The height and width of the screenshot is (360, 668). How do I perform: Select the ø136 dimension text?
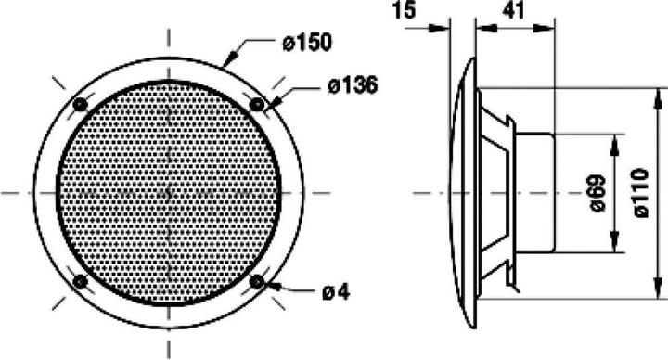click(x=352, y=86)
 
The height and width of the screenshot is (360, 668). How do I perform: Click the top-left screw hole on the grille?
click(x=80, y=102)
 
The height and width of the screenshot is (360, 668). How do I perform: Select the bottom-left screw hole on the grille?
click(x=80, y=280)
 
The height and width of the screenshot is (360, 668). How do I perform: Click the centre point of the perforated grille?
click(x=168, y=192)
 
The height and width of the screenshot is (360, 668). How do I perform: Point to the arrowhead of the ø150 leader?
click(x=226, y=61)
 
